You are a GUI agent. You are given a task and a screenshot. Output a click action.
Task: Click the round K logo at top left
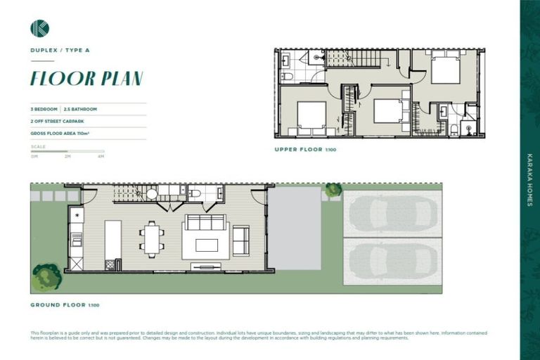(x=39, y=28)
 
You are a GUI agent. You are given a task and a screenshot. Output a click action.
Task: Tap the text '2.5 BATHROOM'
(x=80, y=110)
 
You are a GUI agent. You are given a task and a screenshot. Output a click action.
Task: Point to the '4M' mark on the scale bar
(x=101, y=156)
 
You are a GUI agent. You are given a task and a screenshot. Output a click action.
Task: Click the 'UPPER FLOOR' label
(x=299, y=150)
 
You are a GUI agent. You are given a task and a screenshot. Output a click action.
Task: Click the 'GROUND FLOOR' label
(x=57, y=304)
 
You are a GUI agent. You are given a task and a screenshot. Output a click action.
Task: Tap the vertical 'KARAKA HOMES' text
(x=529, y=179)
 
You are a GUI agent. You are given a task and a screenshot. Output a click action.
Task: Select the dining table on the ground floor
(x=151, y=238)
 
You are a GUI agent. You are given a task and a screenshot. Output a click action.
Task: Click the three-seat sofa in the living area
(x=205, y=223)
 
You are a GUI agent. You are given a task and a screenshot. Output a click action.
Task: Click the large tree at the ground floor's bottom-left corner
(x=46, y=277)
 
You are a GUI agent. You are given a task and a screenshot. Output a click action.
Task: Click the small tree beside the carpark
(x=333, y=190)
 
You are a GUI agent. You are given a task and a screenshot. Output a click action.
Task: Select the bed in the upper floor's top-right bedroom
(x=445, y=70)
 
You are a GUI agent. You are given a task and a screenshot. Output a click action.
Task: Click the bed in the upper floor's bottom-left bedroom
(x=311, y=117)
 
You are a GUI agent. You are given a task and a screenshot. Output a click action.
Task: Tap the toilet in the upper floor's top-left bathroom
(x=287, y=75)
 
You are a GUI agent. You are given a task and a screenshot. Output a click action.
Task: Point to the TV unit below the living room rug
(x=205, y=266)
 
